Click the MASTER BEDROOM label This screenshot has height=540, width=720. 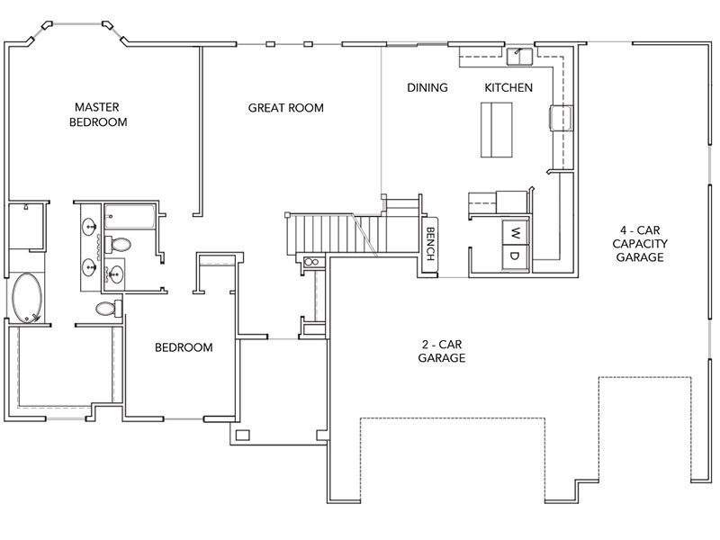coord(98,114)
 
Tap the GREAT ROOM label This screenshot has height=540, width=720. coord(285,108)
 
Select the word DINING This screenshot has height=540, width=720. coord(427,87)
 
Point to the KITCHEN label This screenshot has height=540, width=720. coord(508,87)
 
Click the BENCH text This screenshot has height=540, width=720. coord(430,244)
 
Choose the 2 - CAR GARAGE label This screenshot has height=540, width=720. coord(441,351)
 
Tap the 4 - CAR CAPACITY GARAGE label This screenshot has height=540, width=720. coord(640,243)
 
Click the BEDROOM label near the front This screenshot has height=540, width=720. coord(184,347)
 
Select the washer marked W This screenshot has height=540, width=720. coord(515,233)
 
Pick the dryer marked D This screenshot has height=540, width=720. coord(515,256)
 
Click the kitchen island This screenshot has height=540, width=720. coord(497,130)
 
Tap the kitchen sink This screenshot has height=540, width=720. coord(519,56)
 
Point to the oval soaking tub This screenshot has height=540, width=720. coord(27,298)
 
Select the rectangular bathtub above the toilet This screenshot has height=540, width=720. coord(130,217)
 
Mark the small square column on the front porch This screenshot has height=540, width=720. coord(242,435)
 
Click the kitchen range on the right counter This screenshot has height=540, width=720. coord(561,118)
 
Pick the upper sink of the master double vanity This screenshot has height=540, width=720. coord(88,227)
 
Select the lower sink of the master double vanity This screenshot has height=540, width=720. coord(88,267)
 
